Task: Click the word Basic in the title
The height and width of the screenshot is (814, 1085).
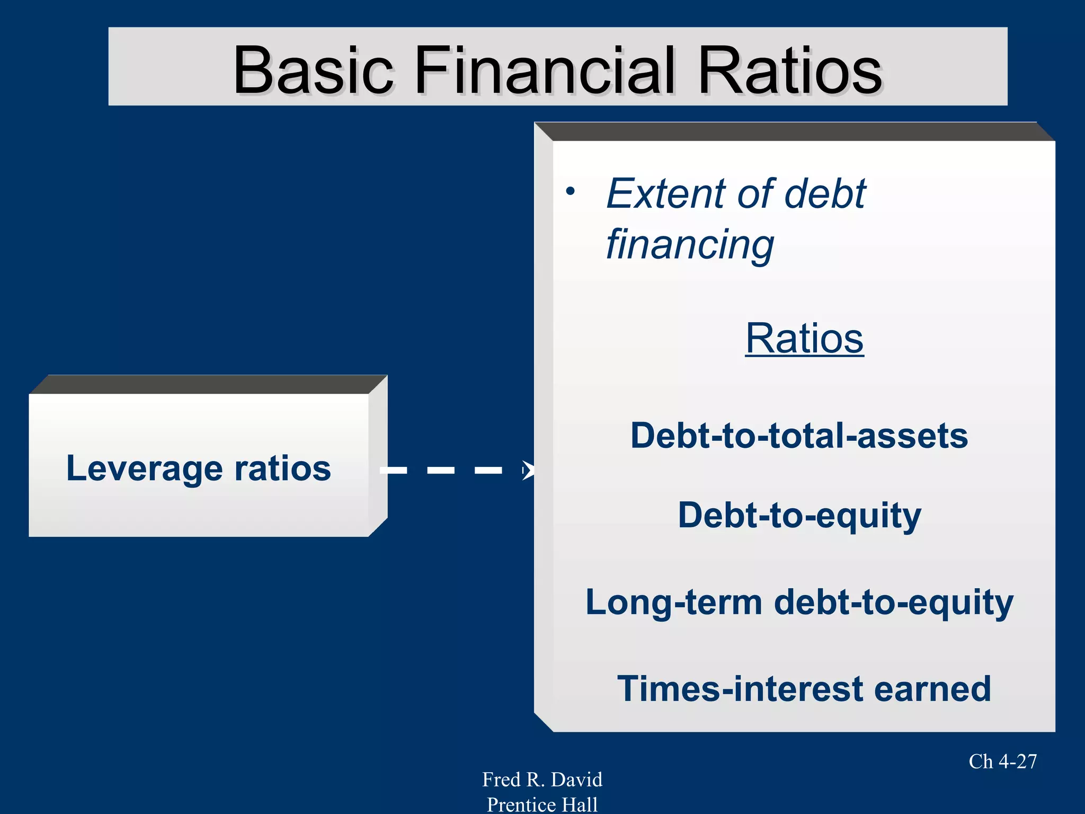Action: [x=314, y=70]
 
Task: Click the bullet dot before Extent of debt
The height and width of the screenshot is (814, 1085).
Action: [x=570, y=191]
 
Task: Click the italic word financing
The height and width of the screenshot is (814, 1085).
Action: [x=690, y=245]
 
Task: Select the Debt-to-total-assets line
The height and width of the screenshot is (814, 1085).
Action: [x=799, y=436]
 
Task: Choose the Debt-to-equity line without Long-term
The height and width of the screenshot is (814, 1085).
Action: [x=799, y=515]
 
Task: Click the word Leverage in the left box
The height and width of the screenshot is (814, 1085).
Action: [x=144, y=468]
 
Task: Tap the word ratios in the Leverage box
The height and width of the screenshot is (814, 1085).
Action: [x=282, y=468]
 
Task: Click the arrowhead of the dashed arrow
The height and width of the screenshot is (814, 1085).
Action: [x=528, y=470]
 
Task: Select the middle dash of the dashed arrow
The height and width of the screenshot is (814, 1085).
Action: [x=441, y=470]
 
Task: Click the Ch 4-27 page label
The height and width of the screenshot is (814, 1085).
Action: [x=1002, y=762]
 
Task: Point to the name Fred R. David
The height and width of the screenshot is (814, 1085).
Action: [x=542, y=780]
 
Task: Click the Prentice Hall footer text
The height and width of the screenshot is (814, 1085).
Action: [x=542, y=804]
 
